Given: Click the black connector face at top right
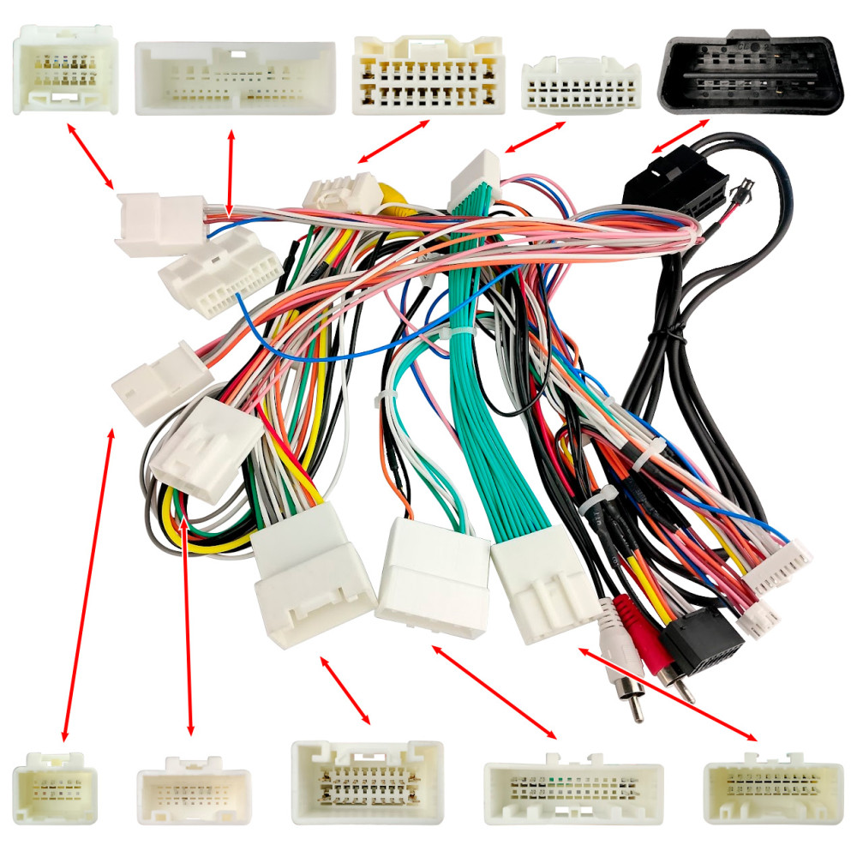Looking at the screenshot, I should coord(749,74).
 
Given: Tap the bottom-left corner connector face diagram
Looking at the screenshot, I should coord(55,787).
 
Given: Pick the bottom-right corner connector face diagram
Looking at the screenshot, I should coord(773,788).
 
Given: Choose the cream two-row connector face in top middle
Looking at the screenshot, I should coord(428,75).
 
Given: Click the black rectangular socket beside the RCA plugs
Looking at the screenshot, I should coord(701,639).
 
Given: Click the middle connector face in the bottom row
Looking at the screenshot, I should coord(367,782).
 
